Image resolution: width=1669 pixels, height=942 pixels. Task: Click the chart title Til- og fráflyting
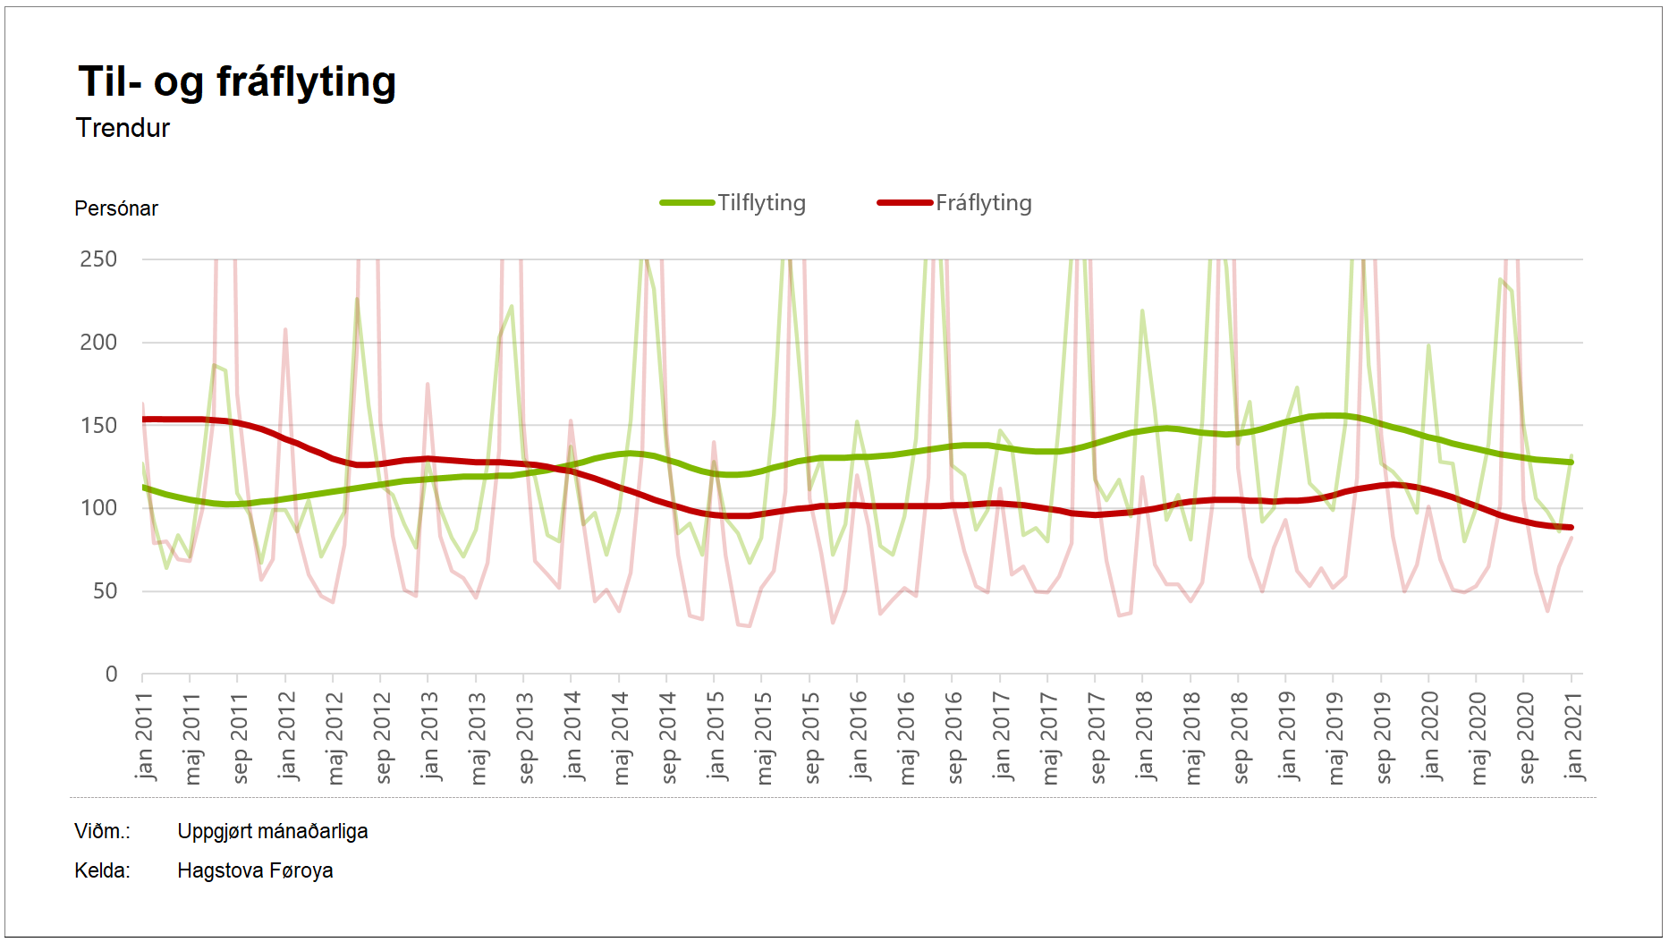click(x=237, y=82)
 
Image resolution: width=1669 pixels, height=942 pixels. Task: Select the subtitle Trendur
click(x=123, y=128)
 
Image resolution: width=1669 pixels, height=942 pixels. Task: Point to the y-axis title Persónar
click(x=116, y=208)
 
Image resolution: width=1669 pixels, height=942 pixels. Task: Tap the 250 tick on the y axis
click(x=98, y=259)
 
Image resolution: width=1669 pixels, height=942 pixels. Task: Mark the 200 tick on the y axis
click(x=98, y=343)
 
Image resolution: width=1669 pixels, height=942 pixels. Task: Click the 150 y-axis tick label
click(x=98, y=426)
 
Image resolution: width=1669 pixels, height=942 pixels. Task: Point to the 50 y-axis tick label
click(x=105, y=591)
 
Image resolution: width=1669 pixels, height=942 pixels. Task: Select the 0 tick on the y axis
click(x=111, y=675)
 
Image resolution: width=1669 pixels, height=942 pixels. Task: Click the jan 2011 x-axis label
click(x=144, y=735)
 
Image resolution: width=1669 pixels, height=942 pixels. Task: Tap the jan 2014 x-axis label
click(x=572, y=735)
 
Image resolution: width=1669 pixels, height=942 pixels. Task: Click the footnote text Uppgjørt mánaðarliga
click(x=273, y=831)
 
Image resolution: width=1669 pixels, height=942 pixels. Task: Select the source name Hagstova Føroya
click(x=255, y=870)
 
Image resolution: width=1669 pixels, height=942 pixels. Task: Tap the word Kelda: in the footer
click(x=102, y=870)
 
